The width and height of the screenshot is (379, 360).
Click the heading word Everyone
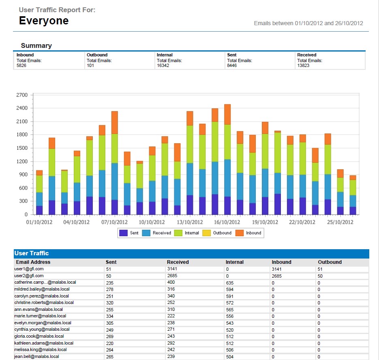coord(44,21)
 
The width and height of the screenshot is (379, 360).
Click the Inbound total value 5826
coord(21,65)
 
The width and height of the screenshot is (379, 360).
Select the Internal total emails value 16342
coord(163,65)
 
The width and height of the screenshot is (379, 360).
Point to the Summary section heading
coord(36,45)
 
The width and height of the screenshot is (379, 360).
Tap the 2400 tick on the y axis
coord(22,108)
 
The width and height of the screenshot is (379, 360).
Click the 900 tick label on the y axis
coord(24,175)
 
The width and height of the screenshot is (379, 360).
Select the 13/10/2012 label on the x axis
coord(190,222)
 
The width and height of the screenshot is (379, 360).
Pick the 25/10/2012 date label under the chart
coord(340,222)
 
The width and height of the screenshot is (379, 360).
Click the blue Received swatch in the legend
coord(146,233)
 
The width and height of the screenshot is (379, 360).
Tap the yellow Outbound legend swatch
coord(206,233)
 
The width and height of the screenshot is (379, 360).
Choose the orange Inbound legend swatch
coord(240,233)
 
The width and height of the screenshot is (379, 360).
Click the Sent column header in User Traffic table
coord(111,262)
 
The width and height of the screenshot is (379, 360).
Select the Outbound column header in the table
coord(330,262)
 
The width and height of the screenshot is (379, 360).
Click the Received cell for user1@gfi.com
coord(172,269)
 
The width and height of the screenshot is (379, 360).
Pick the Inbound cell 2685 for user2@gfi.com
coord(276,276)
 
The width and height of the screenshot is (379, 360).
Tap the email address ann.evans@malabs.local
coord(39,309)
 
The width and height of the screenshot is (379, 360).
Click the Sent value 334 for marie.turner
coord(110,316)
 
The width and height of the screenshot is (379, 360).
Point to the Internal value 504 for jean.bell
coord(229,357)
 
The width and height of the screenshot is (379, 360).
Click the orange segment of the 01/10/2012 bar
coord(39,173)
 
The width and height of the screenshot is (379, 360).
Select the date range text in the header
coord(308,23)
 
